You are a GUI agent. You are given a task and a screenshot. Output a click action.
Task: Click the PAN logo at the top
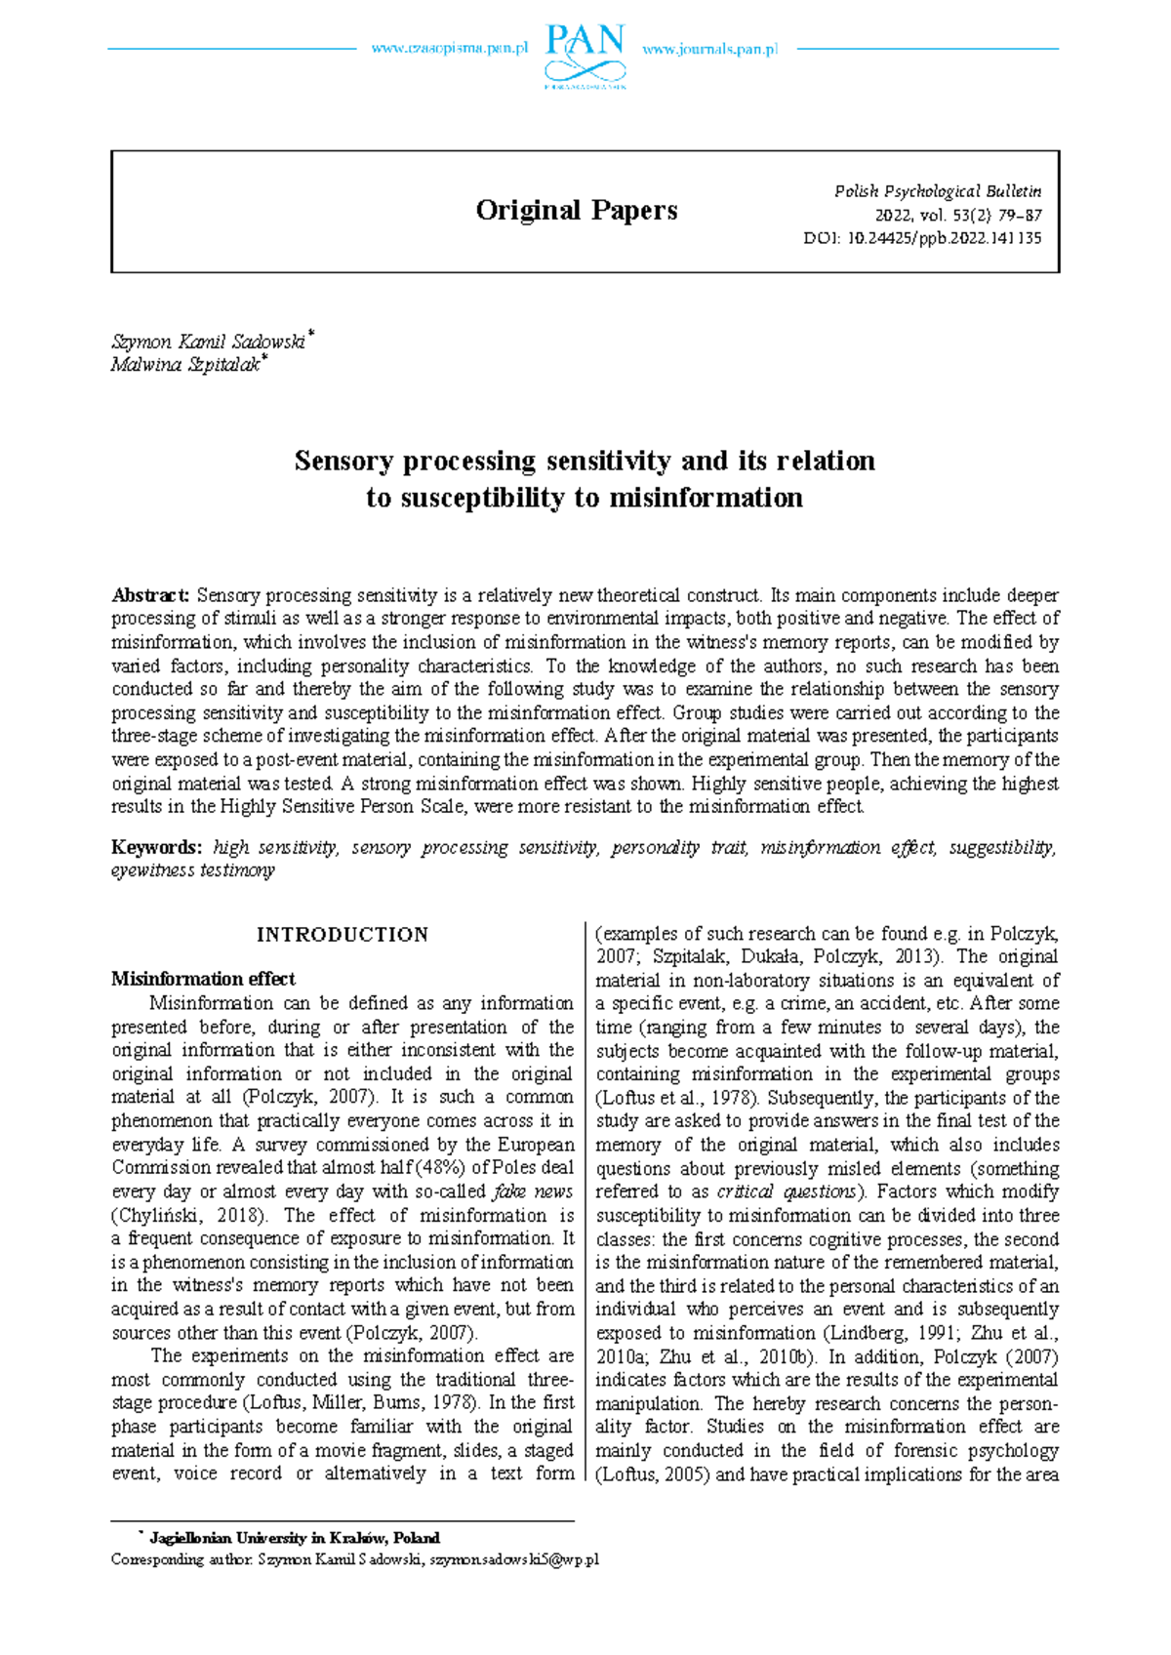(x=585, y=55)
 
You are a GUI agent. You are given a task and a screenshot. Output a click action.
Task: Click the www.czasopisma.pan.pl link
(x=449, y=49)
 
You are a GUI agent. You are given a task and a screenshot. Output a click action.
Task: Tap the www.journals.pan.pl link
(x=709, y=49)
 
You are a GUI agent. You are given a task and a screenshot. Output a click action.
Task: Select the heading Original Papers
(x=577, y=210)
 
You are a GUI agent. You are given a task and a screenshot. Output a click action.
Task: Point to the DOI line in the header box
(x=922, y=237)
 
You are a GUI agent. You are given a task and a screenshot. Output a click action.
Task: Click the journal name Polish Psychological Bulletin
(x=937, y=191)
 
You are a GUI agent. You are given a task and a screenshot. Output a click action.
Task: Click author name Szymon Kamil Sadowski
(x=208, y=342)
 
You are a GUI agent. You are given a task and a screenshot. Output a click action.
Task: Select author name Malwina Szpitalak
(x=185, y=365)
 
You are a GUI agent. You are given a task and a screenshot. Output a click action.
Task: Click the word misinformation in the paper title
(x=706, y=498)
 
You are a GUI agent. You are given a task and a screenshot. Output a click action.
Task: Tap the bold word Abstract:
(x=150, y=595)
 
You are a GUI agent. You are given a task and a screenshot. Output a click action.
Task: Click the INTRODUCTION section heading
(x=342, y=935)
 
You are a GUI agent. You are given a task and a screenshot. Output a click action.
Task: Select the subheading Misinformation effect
(x=203, y=979)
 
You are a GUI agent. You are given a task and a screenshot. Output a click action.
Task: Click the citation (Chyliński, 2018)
(x=189, y=1215)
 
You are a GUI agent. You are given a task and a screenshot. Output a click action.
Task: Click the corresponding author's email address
(x=514, y=1559)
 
